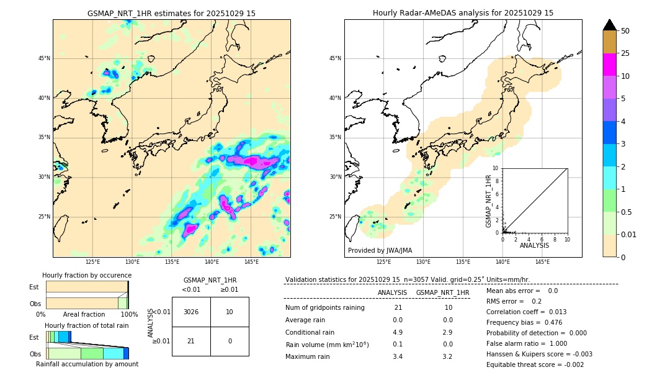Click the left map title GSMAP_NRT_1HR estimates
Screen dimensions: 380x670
171,13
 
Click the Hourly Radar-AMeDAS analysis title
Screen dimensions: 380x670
463,13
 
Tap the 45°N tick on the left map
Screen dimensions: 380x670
44,59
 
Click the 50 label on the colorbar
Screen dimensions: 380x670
625,30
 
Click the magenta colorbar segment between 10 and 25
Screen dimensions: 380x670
610,65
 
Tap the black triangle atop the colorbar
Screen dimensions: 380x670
610,25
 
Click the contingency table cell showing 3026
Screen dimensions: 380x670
191,312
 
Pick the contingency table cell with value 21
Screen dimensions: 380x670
191,341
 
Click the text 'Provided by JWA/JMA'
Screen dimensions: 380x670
380,250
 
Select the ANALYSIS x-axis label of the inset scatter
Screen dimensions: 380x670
534,245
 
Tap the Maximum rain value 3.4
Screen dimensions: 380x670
398,356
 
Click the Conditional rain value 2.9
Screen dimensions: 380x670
447,332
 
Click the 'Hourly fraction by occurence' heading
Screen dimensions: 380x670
87,275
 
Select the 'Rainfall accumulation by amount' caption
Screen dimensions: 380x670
87,364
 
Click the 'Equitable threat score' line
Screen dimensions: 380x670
535,364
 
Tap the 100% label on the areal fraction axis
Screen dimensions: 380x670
129,314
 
